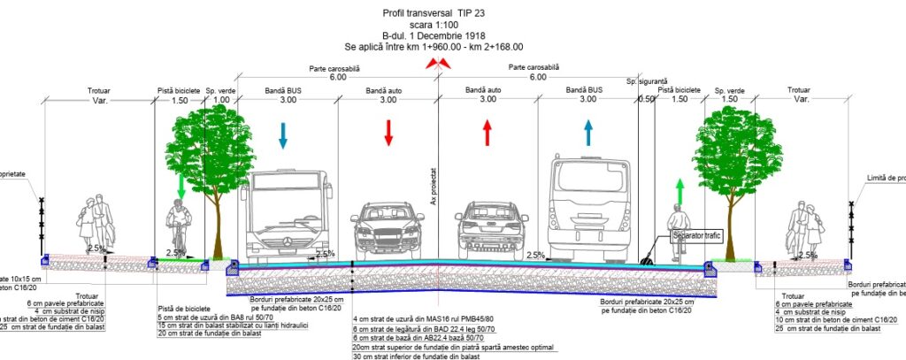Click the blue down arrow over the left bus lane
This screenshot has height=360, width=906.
pos(283,134)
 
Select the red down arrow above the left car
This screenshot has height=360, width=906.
pos(388,133)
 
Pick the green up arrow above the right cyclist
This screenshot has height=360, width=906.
pos(679,189)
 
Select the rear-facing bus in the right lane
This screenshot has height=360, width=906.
pos(587,209)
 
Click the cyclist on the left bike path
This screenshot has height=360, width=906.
pos(180,227)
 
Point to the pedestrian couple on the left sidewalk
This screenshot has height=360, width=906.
pos(96,226)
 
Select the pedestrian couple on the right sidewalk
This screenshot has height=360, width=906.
pos(804,228)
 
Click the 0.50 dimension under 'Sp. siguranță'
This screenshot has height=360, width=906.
pos(646,100)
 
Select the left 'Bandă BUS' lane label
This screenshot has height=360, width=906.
pos(283,90)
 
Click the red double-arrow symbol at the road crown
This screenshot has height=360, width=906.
pos(434,63)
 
